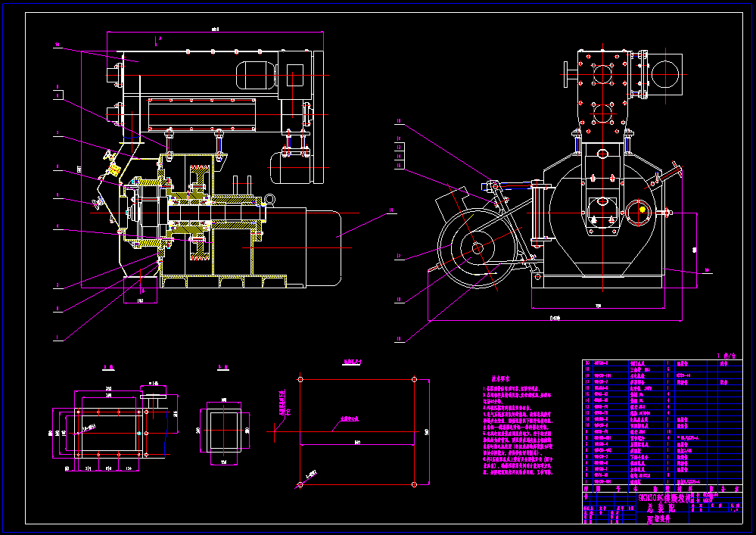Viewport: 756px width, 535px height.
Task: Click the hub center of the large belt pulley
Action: [478, 247]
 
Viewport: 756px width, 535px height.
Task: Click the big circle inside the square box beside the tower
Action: [665, 74]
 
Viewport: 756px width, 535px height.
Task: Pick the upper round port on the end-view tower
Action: [602, 74]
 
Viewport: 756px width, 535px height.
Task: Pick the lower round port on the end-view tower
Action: [602, 114]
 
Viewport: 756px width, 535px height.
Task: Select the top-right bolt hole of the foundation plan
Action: [414, 378]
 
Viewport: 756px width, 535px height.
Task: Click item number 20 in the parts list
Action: [586, 363]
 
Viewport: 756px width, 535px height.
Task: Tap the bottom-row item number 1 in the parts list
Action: [586, 481]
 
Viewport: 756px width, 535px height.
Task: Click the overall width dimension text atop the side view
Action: [215, 30]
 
